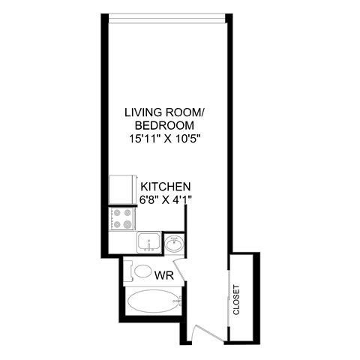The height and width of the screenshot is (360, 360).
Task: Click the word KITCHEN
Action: pyautogui.click(x=165, y=186)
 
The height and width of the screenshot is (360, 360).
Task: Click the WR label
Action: pyautogui.click(x=163, y=275)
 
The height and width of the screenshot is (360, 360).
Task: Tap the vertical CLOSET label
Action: pyautogui.click(x=237, y=299)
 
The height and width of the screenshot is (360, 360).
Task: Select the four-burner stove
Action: pyautogui.click(x=123, y=219)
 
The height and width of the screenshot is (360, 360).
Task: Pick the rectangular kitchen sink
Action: pyautogui.click(x=150, y=243)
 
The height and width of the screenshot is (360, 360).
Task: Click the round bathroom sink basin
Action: pyautogui.click(x=175, y=244)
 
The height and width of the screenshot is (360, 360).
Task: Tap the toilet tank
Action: pyautogui.click(x=128, y=271)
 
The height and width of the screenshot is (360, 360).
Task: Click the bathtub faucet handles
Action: pyautogui.click(x=178, y=301)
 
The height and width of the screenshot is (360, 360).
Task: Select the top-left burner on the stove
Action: pyautogui.click(x=117, y=213)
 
